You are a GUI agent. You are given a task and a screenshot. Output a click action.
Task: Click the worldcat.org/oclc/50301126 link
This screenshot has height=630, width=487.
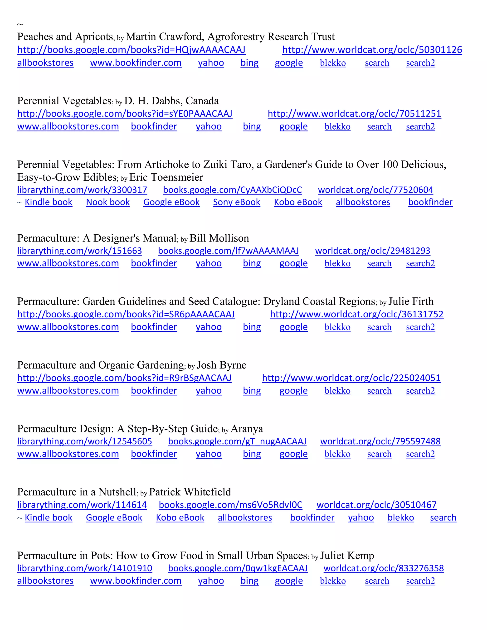pos(372,50)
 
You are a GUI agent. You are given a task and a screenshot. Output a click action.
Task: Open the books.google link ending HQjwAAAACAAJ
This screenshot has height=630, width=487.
pos(131,50)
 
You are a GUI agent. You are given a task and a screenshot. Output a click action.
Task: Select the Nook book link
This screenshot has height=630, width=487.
pos(108,202)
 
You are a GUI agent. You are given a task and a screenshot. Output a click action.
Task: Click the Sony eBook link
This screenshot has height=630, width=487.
pos(237,202)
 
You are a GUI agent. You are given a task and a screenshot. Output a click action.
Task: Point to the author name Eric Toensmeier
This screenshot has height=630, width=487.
pos(166,177)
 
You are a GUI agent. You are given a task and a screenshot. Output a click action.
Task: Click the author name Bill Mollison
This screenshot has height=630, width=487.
pos(219,238)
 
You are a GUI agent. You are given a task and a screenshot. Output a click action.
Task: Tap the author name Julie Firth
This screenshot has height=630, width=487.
pos(411,301)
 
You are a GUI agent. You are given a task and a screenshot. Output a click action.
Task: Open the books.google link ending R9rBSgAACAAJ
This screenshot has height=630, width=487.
pos(124,378)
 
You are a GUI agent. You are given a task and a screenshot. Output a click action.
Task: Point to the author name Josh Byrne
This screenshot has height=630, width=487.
pos(222,365)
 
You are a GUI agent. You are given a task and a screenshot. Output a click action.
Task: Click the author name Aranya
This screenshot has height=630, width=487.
pos(247,429)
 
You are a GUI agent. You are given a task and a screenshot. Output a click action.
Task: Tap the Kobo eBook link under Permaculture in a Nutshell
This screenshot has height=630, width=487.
pos(180,518)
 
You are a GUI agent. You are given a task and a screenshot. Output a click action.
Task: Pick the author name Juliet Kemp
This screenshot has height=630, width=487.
pos(347,556)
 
